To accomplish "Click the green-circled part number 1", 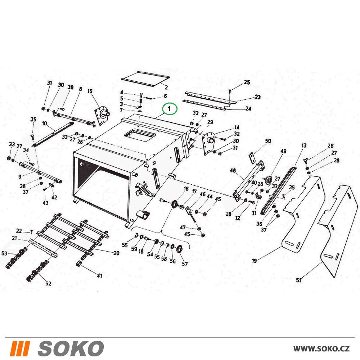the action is pos(170,108).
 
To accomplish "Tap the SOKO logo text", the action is pos(71,348).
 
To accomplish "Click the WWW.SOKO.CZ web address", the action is pos(321,349).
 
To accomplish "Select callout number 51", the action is pos(299,280).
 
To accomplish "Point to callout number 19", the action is pos(255,261).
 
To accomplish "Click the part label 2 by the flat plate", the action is pos(166,87).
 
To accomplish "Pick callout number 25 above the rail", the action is pos(247,82).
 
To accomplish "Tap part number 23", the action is pos(258,97).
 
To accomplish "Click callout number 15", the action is pos(90,91).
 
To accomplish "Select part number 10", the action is pos(45,123).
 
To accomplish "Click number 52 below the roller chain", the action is pos(48,283).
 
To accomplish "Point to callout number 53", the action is pos(4,253).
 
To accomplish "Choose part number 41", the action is pos(99,275).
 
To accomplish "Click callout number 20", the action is pos(116,253).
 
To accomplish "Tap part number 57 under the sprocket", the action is pos(185,264).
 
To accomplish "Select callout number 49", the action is pos(284,151).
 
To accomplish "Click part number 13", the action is pos(304,145).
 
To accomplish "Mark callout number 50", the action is pos(268,141).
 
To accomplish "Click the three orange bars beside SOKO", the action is pos(20,348).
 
